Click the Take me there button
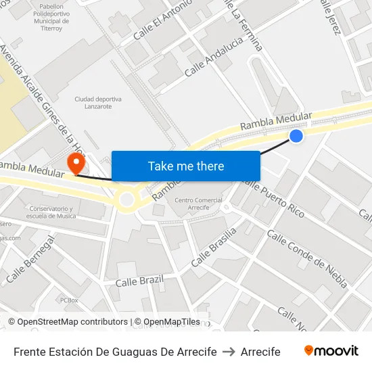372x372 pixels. tap(186, 166)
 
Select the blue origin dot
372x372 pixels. tap(296, 136)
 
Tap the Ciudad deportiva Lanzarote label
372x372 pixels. tap(98, 102)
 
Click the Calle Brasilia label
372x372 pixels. tap(214, 246)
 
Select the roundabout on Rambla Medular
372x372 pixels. tap(126, 199)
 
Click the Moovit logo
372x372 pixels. tap(331, 351)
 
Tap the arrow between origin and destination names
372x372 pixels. tap(229, 352)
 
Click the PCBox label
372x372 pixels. tap(69, 300)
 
